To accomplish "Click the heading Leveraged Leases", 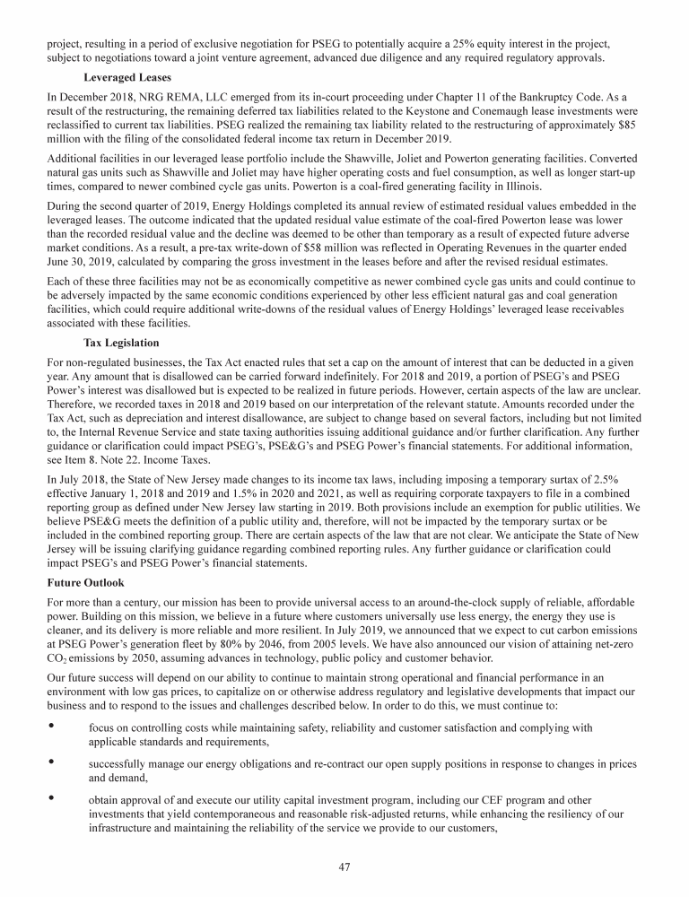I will tap(127, 78).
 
